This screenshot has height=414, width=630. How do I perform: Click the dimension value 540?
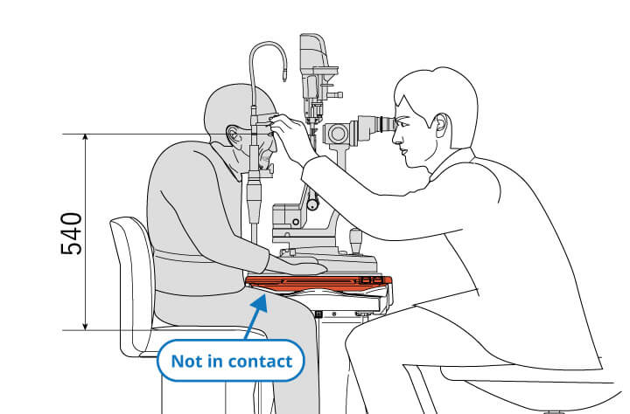click(x=72, y=234)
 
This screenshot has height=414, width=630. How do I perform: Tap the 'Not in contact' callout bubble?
click(x=231, y=361)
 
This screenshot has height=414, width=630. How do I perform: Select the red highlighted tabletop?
click(x=318, y=284)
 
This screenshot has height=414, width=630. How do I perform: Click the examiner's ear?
click(x=440, y=126)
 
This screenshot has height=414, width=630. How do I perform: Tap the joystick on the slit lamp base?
click(x=355, y=240)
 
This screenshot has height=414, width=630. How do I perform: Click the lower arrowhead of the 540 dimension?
click(x=85, y=325)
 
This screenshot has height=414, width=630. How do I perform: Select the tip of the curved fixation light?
click(x=285, y=76)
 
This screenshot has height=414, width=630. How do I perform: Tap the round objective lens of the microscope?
click(x=338, y=134)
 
